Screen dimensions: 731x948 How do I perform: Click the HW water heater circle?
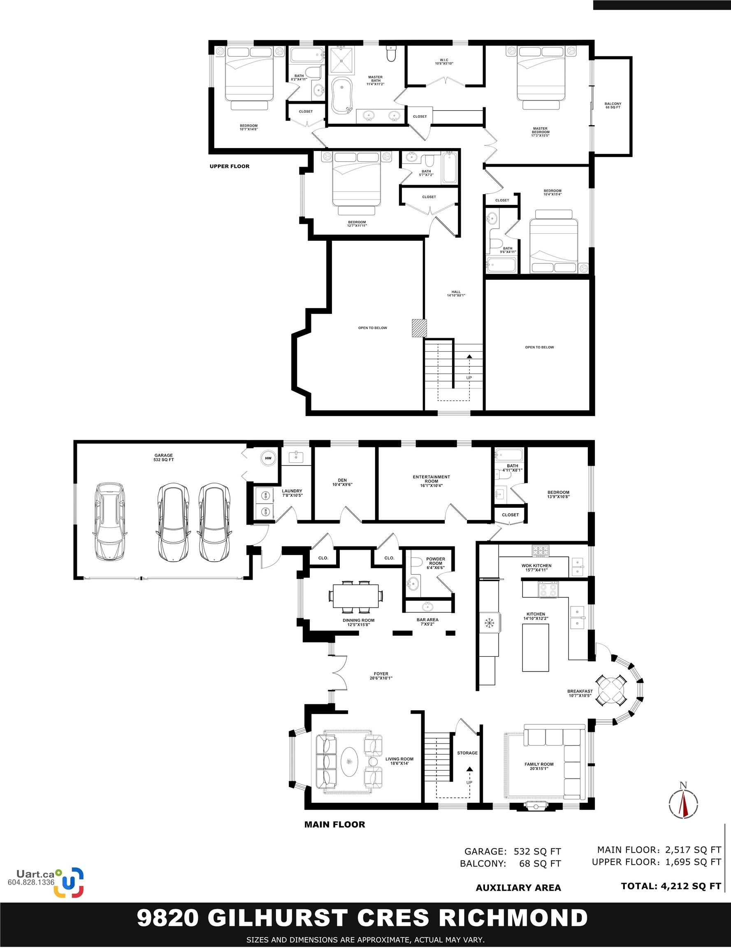(268, 458)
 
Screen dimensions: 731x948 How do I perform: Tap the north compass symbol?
(683, 804)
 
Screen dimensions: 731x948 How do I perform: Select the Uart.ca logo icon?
(69, 883)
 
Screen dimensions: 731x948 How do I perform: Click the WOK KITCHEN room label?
(536, 567)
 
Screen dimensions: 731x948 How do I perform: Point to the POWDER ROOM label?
(435, 563)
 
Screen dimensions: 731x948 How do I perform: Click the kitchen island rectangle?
(536, 648)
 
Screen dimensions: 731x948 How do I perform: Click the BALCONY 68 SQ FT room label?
(613, 105)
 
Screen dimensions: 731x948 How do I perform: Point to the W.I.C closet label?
(444, 62)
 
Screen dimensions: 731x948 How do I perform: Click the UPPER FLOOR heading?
(230, 166)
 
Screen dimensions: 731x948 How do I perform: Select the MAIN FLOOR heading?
(335, 824)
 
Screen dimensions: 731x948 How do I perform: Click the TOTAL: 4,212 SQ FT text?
(671, 886)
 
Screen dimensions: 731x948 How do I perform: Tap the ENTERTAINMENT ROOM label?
(432, 481)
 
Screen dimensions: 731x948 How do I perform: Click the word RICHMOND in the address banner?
(513, 918)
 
